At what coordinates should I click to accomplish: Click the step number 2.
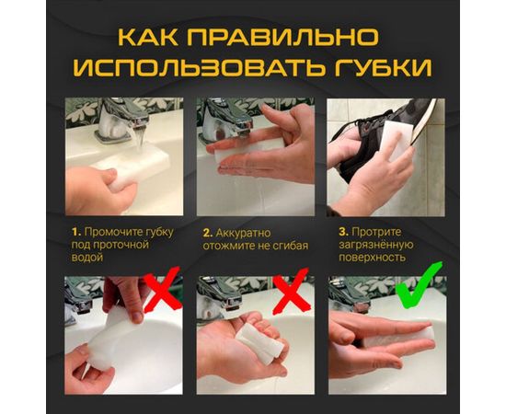click(x=207, y=233)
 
